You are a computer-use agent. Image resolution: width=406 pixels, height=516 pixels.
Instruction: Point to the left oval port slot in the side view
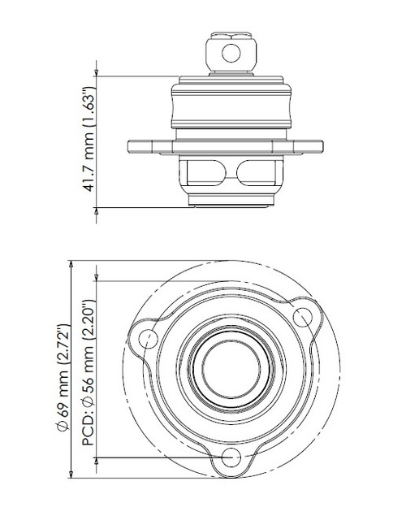[x=202, y=173]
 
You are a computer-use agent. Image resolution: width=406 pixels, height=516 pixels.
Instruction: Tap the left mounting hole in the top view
[x=149, y=339]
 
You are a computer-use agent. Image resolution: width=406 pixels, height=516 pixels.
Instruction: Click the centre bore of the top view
[x=230, y=363]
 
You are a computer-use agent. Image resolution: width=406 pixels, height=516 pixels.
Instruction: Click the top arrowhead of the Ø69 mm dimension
[x=71, y=265]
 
